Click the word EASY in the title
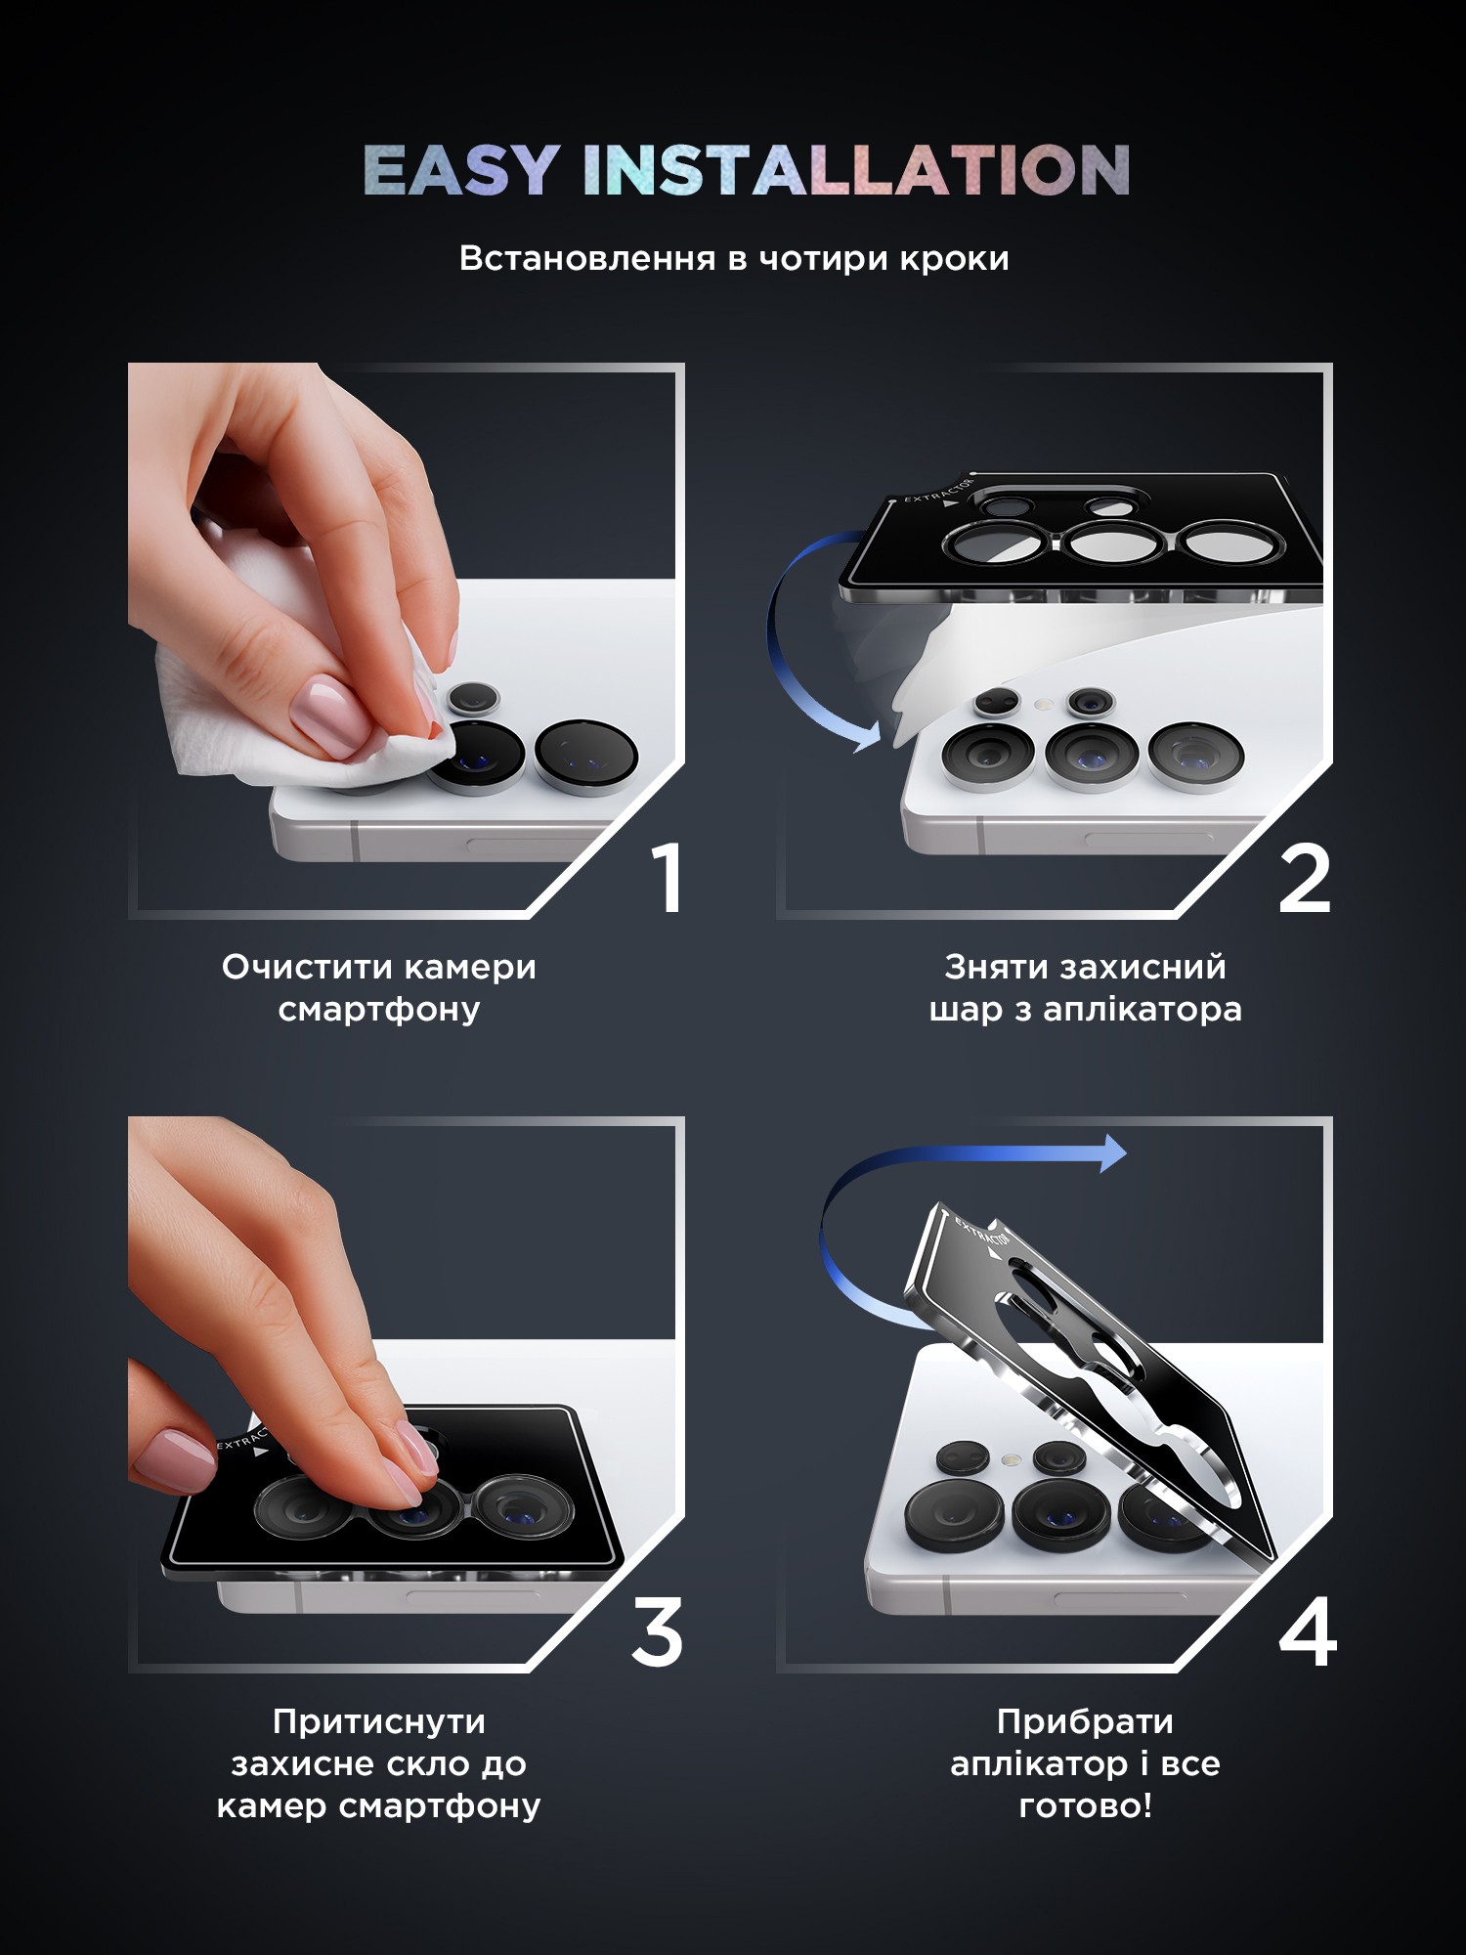click(461, 170)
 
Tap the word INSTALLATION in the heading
click(856, 170)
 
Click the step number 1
click(668, 878)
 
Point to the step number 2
click(1305, 879)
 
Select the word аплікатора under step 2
click(1143, 1010)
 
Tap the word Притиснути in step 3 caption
click(379, 1721)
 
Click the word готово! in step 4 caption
click(1085, 1805)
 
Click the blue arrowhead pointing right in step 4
click(1112, 1153)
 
